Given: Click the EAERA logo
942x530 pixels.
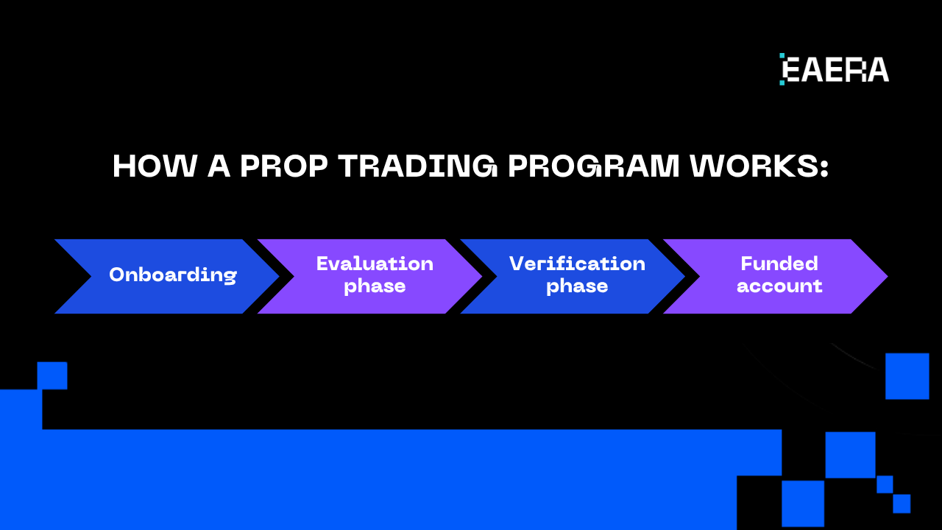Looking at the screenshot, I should (835, 69).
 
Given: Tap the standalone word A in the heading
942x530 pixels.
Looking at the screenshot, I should (219, 167).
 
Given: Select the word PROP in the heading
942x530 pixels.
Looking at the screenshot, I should (283, 167).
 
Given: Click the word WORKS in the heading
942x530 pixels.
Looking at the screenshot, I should (748, 167).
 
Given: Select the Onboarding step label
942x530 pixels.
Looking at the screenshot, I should (173, 275).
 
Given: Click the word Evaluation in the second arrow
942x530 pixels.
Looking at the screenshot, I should (375, 264).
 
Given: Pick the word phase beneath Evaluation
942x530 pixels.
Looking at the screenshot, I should (375, 286).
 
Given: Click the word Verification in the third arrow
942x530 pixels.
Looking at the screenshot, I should (577, 264).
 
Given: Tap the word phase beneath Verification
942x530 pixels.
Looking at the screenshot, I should (577, 286).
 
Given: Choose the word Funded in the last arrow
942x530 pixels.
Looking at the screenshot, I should (779, 264).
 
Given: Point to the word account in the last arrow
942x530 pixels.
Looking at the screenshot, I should (779, 286).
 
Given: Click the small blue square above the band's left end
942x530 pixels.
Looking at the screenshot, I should (52, 375).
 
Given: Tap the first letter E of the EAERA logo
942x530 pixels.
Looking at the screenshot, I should (790, 69).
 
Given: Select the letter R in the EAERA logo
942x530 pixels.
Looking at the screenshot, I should (857, 69).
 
